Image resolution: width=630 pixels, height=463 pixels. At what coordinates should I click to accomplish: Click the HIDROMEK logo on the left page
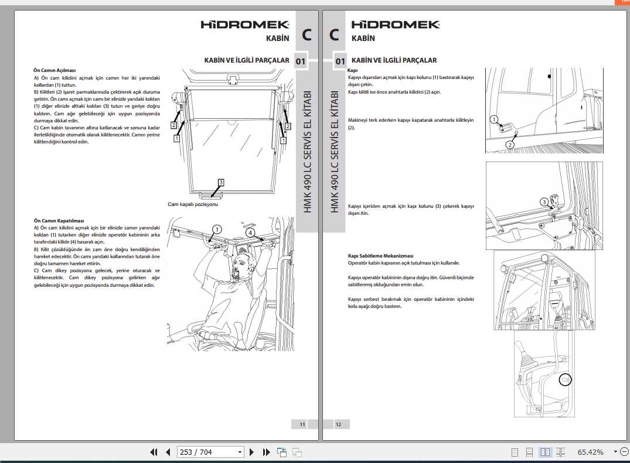click(245, 25)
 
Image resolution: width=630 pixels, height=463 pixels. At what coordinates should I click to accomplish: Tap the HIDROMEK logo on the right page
click(395, 25)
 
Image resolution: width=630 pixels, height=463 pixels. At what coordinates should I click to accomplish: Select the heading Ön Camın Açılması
click(55, 70)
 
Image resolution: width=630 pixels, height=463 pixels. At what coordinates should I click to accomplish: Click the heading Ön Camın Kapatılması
click(58, 221)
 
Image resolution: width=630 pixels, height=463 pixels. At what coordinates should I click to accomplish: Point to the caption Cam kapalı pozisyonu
click(193, 204)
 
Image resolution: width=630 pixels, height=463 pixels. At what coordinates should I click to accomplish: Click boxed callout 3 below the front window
click(221, 182)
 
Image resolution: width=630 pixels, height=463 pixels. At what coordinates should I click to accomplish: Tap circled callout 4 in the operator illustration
click(250, 232)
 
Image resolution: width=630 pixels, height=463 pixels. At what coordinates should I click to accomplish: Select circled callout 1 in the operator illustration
click(217, 229)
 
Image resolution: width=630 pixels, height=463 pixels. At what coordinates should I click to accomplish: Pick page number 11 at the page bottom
click(302, 424)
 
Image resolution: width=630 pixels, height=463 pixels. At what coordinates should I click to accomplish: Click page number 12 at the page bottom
click(338, 424)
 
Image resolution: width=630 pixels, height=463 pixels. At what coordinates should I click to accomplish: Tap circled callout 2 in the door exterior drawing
click(510, 145)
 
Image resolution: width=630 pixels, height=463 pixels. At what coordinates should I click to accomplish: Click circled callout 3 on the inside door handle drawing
click(544, 203)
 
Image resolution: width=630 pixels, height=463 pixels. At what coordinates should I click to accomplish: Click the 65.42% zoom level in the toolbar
click(590, 452)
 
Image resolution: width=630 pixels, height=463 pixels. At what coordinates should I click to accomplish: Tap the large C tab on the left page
click(307, 35)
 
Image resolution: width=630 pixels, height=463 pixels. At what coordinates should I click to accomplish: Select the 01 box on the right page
click(340, 61)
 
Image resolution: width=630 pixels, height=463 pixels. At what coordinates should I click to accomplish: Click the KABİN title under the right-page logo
click(363, 39)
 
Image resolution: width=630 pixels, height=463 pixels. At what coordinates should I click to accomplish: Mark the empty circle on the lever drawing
click(565, 380)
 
